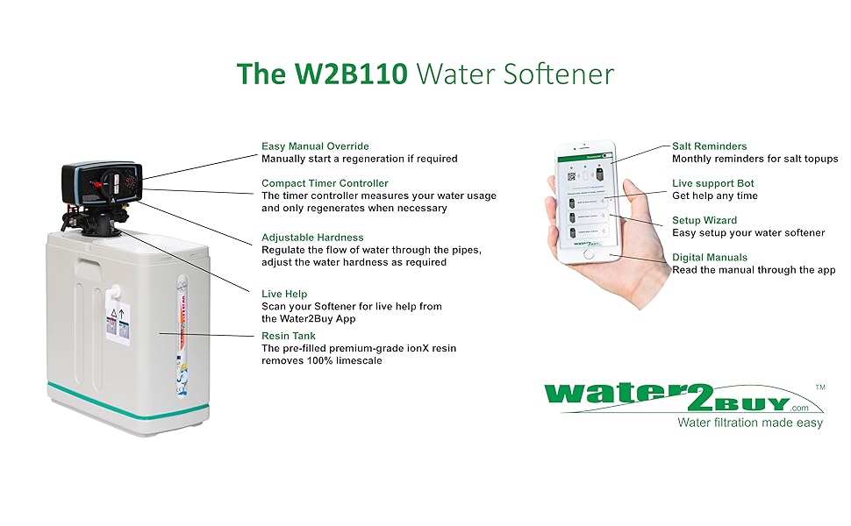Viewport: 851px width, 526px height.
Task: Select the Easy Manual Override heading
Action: pyautogui.click(x=315, y=146)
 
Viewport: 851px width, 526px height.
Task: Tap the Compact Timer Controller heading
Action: pyautogui.click(x=325, y=182)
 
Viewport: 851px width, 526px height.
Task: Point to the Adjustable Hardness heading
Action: pyautogui.click(x=312, y=237)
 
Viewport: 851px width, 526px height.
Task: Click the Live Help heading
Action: pyautogui.click(x=284, y=294)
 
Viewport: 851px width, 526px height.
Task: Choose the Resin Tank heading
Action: pyautogui.click(x=289, y=335)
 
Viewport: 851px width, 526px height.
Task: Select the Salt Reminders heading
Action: pyautogui.click(x=710, y=146)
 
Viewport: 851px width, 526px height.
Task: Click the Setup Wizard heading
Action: pyautogui.click(x=704, y=220)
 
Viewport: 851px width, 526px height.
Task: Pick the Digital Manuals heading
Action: pyautogui.click(x=710, y=257)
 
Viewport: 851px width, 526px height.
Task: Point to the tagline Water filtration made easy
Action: pyautogui.click(x=750, y=423)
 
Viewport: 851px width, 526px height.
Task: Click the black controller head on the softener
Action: pyautogui.click(x=101, y=183)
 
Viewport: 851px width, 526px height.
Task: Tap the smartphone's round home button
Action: pyautogui.click(x=589, y=254)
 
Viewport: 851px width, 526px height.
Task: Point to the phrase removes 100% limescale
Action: pyautogui.click(x=322, y=360)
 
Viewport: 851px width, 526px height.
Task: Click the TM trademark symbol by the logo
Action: pyautogui.click(x=820, y=387)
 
